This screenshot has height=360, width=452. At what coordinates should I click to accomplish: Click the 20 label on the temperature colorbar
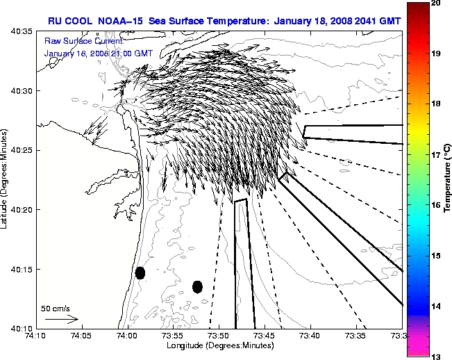point(437,3)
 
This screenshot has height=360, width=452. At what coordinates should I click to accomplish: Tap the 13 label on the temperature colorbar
point(437,356)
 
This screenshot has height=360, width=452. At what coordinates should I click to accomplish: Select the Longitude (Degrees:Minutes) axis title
point(218,345)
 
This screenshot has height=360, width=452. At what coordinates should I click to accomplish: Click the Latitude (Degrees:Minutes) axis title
point(6,179)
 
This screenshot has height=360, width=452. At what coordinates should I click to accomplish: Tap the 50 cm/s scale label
point(55,308)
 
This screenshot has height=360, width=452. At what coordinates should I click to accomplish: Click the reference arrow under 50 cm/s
point(61,319)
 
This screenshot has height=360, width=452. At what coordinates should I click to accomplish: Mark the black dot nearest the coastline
point(140,272)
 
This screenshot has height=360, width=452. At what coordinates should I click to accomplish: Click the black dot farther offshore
point(197,286)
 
